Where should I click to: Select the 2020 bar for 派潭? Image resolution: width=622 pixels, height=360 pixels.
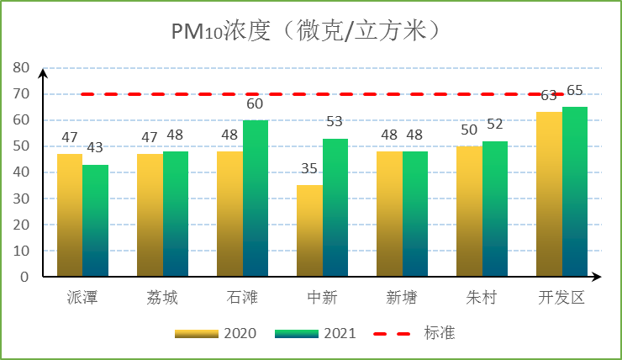click(70, 215)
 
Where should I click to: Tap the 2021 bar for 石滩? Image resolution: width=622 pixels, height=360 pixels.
click(256, 199)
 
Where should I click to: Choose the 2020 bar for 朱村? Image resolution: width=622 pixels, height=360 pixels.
click(469, 211)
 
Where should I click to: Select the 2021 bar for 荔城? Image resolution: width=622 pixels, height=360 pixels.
click(176, 214)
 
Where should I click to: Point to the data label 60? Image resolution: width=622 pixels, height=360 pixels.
click(255, 104)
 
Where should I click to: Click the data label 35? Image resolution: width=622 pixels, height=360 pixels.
click(309, 168)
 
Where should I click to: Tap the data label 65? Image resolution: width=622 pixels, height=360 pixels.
click(575, 91)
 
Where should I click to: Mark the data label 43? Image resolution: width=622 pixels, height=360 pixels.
click(95, 148)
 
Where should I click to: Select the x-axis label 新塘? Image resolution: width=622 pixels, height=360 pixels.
click(402, 299)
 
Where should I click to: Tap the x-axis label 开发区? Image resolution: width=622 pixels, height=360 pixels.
click(561, 299)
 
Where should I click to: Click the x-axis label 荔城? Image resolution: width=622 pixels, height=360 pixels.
click(162, 299)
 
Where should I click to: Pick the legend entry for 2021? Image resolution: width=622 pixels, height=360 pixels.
click(316, 333)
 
